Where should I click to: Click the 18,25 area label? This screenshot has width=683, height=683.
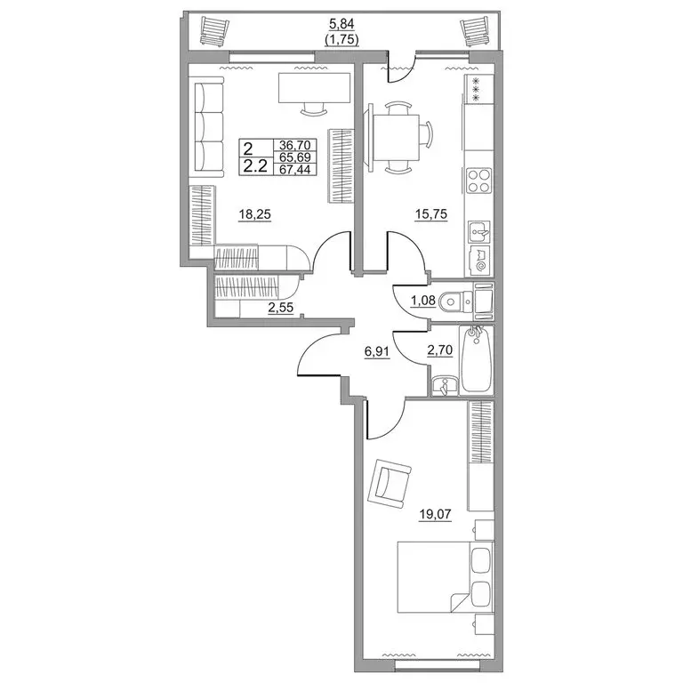(255, 214)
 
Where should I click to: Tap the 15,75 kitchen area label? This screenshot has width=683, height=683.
(431, 214)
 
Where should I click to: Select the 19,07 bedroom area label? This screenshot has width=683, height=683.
(435, 514)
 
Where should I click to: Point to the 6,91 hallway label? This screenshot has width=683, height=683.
(377, 350)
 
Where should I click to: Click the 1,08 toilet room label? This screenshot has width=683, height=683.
(423, 300)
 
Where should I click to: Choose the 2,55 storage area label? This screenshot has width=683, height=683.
(280, 308)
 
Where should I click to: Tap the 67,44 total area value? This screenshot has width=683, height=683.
(295, 169)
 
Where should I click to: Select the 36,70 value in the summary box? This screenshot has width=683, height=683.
(295, 145)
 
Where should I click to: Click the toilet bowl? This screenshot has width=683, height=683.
(455, 301)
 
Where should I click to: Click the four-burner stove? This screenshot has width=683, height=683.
(478, 181)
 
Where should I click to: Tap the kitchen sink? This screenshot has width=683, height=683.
(479, 231)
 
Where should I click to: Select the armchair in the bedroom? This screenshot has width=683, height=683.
(390, 485)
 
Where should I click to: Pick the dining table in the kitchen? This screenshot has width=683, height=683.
(398, 138)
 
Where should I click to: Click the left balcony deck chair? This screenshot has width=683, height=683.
(214, 30)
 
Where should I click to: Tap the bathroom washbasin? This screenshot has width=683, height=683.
(445, 386)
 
